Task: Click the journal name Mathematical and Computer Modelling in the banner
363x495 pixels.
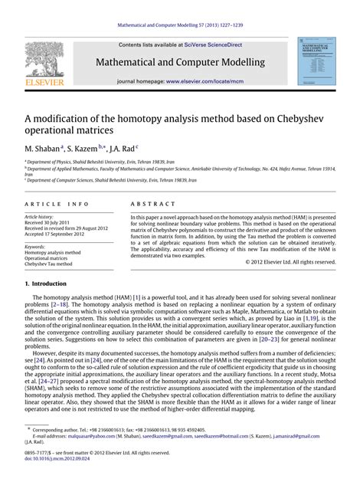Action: click(x=181, y=62)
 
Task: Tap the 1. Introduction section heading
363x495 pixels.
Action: click(x=53, y=284)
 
